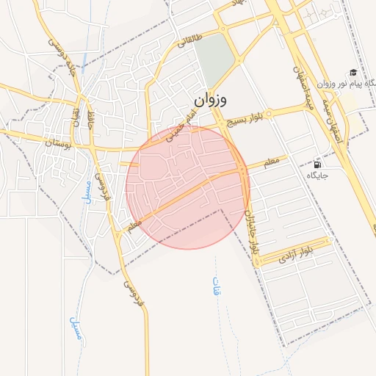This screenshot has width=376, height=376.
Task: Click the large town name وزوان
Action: [211, 99]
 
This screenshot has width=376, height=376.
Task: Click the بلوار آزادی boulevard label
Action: [297, 254]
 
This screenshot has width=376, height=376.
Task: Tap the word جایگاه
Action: [317, 175]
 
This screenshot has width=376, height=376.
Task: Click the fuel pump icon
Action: [317, 164]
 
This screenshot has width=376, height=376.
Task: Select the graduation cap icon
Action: [353, 72]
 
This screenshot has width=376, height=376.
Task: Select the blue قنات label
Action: [217, 286]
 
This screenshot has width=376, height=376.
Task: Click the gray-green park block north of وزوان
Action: [212, 59]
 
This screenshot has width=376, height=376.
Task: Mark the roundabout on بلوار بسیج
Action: [270, 115]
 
